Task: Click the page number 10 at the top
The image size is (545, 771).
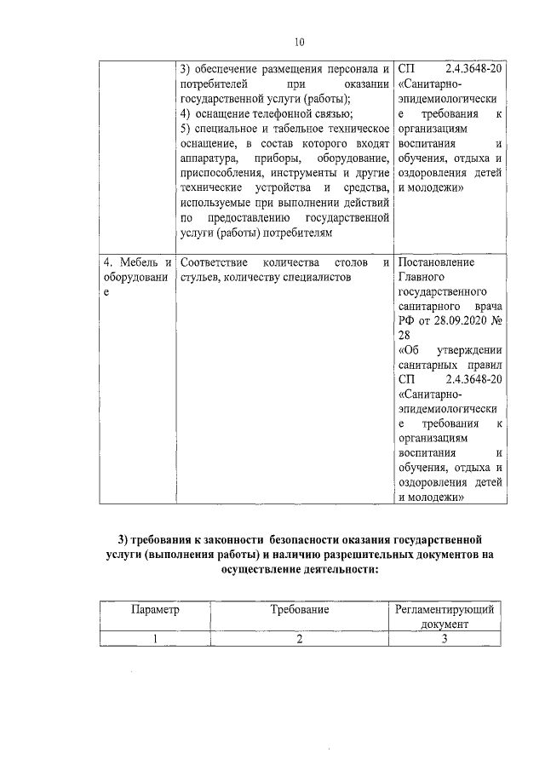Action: pyautogui.click(x=299, y=40)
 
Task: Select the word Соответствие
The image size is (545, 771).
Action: pyautogui.click(x=215, y=262)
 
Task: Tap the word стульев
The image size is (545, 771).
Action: pyautogui.click(x=200, y=278)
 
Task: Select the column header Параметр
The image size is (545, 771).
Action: pyautogui.click(x=155, y=610)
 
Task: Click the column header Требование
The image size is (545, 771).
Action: pyautogui.click(x=300, y=610)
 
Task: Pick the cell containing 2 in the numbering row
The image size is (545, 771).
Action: pyautogui.click(x=300, y=640)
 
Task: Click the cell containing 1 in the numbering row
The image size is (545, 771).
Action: pyautogui.click(x=155, y=640)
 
